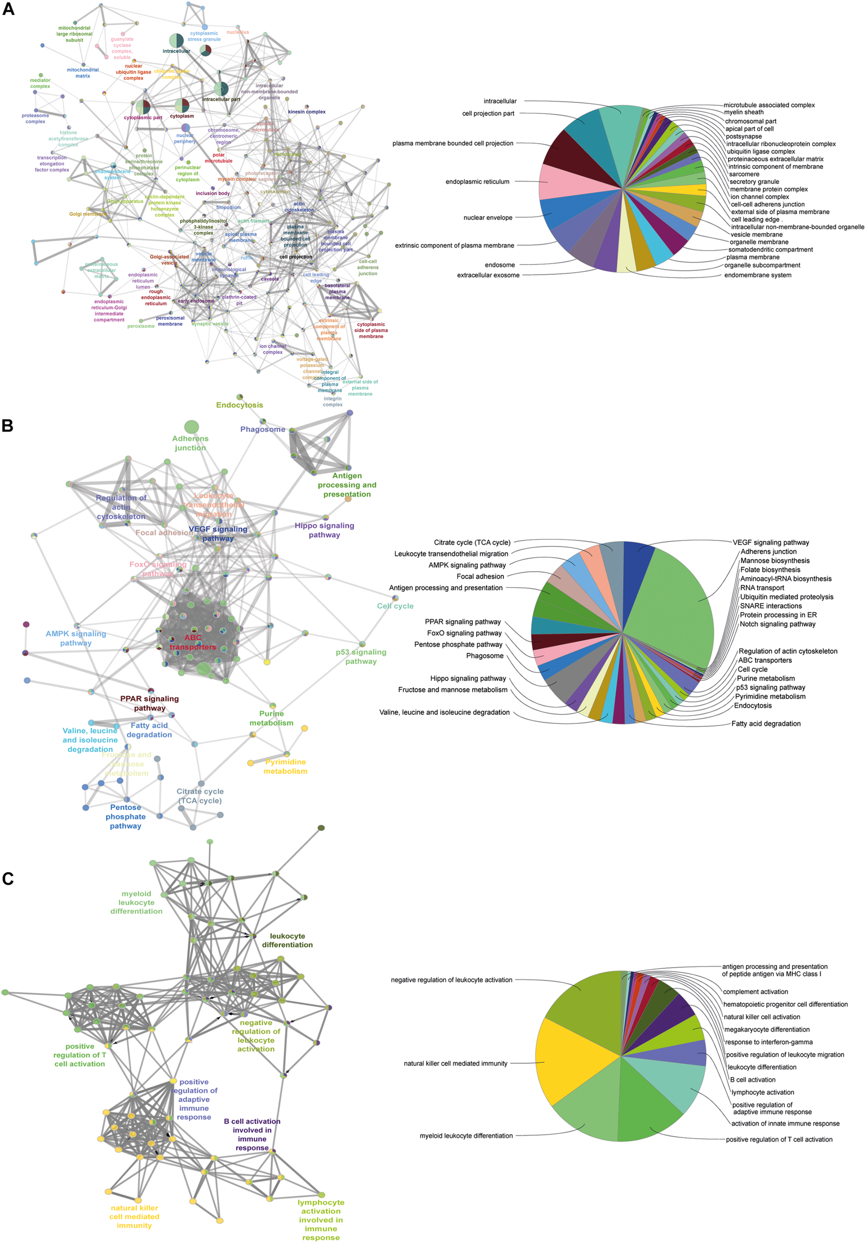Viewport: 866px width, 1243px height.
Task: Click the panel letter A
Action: click(x=8, y=9)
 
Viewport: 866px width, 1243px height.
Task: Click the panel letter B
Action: click(x=7, y=426)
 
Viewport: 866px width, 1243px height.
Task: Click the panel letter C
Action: click(x=7, y=878)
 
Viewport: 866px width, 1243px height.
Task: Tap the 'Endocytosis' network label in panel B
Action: click(x=239, y=405)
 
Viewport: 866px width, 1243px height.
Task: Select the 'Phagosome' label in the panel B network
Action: click(x=263, y=429)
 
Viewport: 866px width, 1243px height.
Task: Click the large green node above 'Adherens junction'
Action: click(x=191, y=427)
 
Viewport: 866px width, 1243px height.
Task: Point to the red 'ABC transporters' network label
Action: click(x=193, y=642)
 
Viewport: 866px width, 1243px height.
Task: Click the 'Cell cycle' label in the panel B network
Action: click(x=395, y=606)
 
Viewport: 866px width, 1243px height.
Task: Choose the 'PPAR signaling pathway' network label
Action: click(x=150, y=703)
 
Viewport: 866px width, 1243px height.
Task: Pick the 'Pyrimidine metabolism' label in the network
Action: click(x=286, y=766)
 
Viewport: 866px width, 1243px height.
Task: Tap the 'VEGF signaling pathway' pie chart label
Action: click(x=770, y=542)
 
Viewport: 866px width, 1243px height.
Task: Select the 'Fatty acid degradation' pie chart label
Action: click(x=766, y=723)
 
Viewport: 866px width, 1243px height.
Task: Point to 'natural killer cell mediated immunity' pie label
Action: click(x=456, y=1064)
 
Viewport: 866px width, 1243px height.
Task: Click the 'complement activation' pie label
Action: click(x=756, y=991)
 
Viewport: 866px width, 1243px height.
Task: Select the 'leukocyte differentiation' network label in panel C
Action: click(x=287, y=940)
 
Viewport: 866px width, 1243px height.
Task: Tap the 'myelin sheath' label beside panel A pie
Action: click(x=744, y=112)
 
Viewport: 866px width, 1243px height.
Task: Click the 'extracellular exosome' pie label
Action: click(x=488, y=275)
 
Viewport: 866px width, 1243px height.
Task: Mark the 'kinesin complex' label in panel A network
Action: click(x=306, y=112)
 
